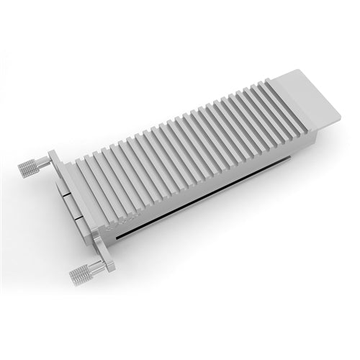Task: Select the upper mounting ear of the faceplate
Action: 55,160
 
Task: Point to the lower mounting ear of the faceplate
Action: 102,256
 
